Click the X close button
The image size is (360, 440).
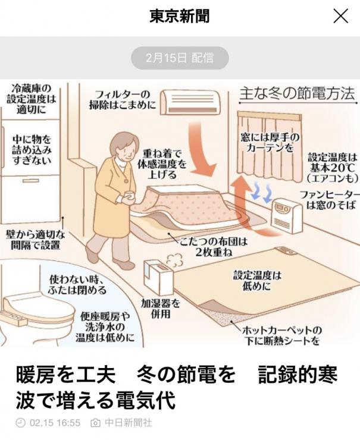340,16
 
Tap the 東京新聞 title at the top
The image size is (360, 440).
180,16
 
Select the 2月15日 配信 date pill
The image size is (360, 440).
180,58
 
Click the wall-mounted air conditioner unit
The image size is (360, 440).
190,102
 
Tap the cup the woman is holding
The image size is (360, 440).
130,196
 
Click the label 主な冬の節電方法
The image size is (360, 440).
297,94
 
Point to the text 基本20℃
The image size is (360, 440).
332,168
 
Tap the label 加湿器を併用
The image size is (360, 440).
161,309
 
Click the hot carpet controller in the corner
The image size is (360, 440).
286,250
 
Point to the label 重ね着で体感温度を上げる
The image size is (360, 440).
162,164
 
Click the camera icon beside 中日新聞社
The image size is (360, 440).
95,423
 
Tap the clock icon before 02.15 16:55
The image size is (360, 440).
20,423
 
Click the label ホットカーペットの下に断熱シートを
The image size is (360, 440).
281,335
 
